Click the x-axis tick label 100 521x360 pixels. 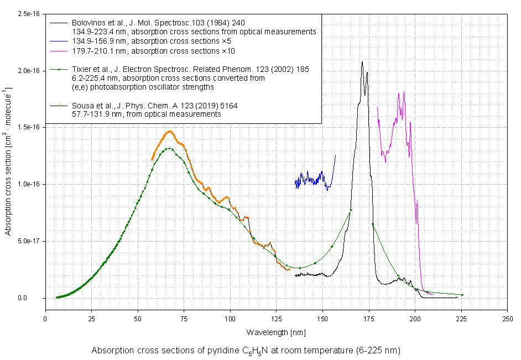pos(230,319)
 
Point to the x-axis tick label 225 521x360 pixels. pos(461,319)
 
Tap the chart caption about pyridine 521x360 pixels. pos(246,351)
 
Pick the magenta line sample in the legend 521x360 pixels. pos(59,51)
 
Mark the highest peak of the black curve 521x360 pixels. pos(362,62)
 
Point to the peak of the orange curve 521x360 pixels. pos(170,132)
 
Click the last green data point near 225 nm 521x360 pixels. pos(462,295)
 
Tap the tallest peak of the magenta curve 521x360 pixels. pos(404,91)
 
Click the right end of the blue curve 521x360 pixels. pos(335,155)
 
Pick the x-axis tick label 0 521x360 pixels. pos(45,319)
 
